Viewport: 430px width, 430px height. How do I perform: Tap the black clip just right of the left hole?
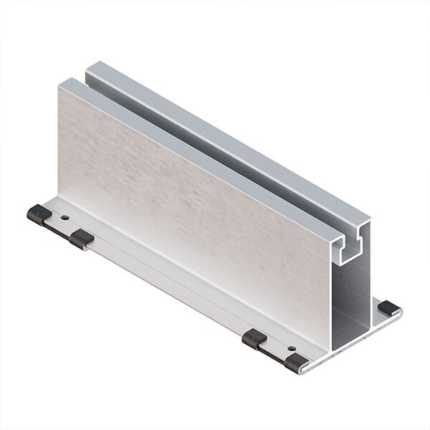click(82, 239)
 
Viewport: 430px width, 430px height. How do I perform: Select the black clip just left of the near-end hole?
click(255, 338)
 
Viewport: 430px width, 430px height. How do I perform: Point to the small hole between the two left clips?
click(65, 216)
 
